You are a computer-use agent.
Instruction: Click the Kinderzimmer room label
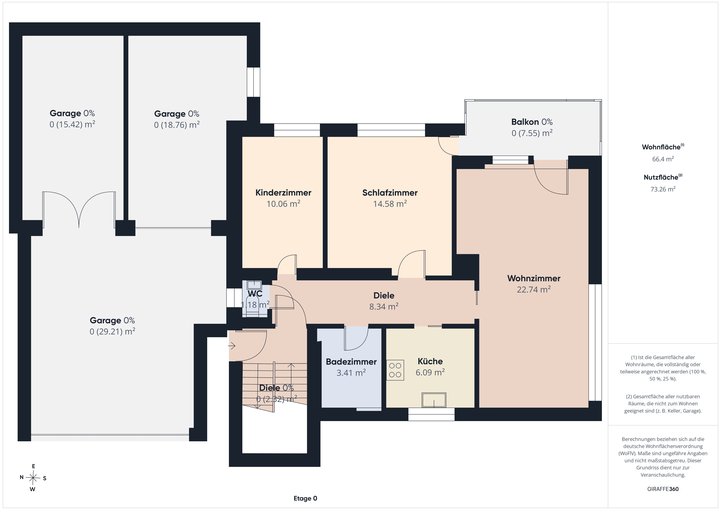[x=283, y=193]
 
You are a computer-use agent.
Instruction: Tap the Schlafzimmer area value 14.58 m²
[x=390, y=204]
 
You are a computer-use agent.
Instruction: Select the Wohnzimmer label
[x=534, y=278]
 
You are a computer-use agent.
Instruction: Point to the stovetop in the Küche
[x=395, y=370]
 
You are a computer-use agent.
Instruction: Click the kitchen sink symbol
[x=434, y=400]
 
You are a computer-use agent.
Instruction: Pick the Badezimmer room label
[x=351, y=362]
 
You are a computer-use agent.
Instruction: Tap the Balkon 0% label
[x=532, y=122]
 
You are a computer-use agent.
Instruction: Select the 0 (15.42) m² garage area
[x=72, y=124]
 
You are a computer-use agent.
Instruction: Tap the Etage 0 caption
[x=305, y=498]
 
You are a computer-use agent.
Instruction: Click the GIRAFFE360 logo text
[x=663, y=489]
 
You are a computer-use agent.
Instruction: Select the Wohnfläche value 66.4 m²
[x=663, y=159]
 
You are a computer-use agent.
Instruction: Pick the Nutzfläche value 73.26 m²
[x=663, y=189]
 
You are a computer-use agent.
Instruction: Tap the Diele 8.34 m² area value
[x=384, y=306]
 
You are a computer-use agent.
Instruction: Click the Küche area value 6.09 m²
[x=430, y=372]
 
